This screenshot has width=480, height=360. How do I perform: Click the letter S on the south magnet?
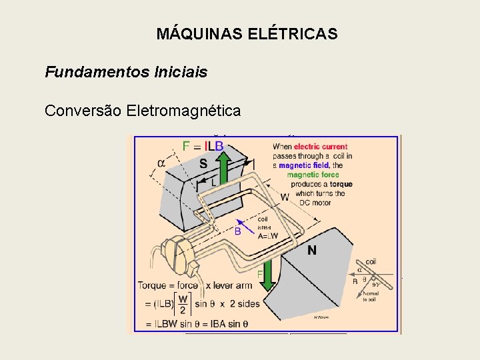203,163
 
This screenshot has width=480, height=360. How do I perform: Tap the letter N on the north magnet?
311,251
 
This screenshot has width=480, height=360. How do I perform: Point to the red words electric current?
321,147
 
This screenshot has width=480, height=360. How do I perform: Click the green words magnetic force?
313,175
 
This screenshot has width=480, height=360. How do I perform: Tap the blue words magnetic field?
304,165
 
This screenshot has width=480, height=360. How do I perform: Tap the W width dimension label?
284,197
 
